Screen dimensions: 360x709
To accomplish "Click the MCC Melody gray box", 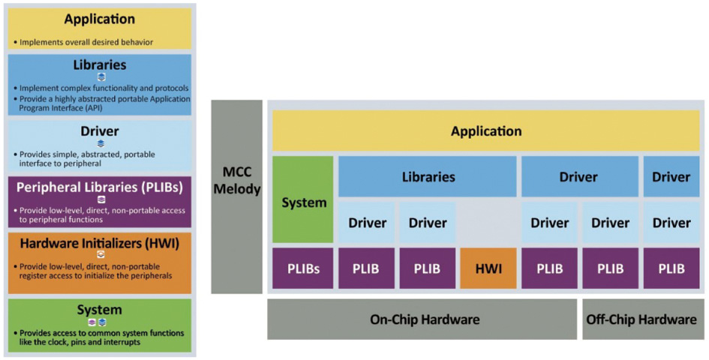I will (x=236, y=196).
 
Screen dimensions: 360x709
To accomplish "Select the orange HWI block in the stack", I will (x=488, y=268).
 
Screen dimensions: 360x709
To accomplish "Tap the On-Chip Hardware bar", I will (x=424, y=319).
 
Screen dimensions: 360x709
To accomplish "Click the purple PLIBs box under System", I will (x=302, y=268).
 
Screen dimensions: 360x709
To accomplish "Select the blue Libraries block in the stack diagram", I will (x=428, y=177).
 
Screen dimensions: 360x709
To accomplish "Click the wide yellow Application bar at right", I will (x=486, y=131).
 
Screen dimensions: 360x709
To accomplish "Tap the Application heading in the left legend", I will (x=100, y=19).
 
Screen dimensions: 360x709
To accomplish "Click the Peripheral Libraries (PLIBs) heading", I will (x=100, y=186).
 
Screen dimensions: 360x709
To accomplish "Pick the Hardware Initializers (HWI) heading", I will (x=100, y=242).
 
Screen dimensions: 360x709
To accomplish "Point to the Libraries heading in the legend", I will (x=100, y=64).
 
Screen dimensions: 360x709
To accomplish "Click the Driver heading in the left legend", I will (x=100, y=131).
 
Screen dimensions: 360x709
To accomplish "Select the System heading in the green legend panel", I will (x=100, y=310).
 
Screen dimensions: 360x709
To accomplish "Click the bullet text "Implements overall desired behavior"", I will (x=86, y=42).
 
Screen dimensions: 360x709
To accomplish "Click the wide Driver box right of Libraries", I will (x=578, y=177).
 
